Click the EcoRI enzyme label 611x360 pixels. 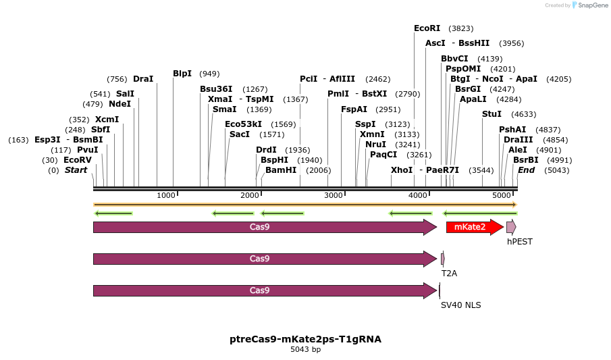point(427,28)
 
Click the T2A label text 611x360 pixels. point(449,274)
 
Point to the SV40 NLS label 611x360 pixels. point(460,305)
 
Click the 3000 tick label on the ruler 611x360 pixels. point(334,195)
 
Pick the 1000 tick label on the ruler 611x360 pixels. point(166,195)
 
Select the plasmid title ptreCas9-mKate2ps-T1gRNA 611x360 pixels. point(305,339)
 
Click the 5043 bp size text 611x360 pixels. point(305,350)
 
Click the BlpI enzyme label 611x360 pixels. point(182,74)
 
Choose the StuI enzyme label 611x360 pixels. point(492,114)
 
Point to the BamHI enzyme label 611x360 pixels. point(281,170)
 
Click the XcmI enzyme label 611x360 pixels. point(107,120)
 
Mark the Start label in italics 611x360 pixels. point(76,170)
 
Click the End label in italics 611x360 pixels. point(526,170)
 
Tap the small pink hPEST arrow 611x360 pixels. point(511,227)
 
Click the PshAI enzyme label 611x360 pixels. point(512,130)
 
